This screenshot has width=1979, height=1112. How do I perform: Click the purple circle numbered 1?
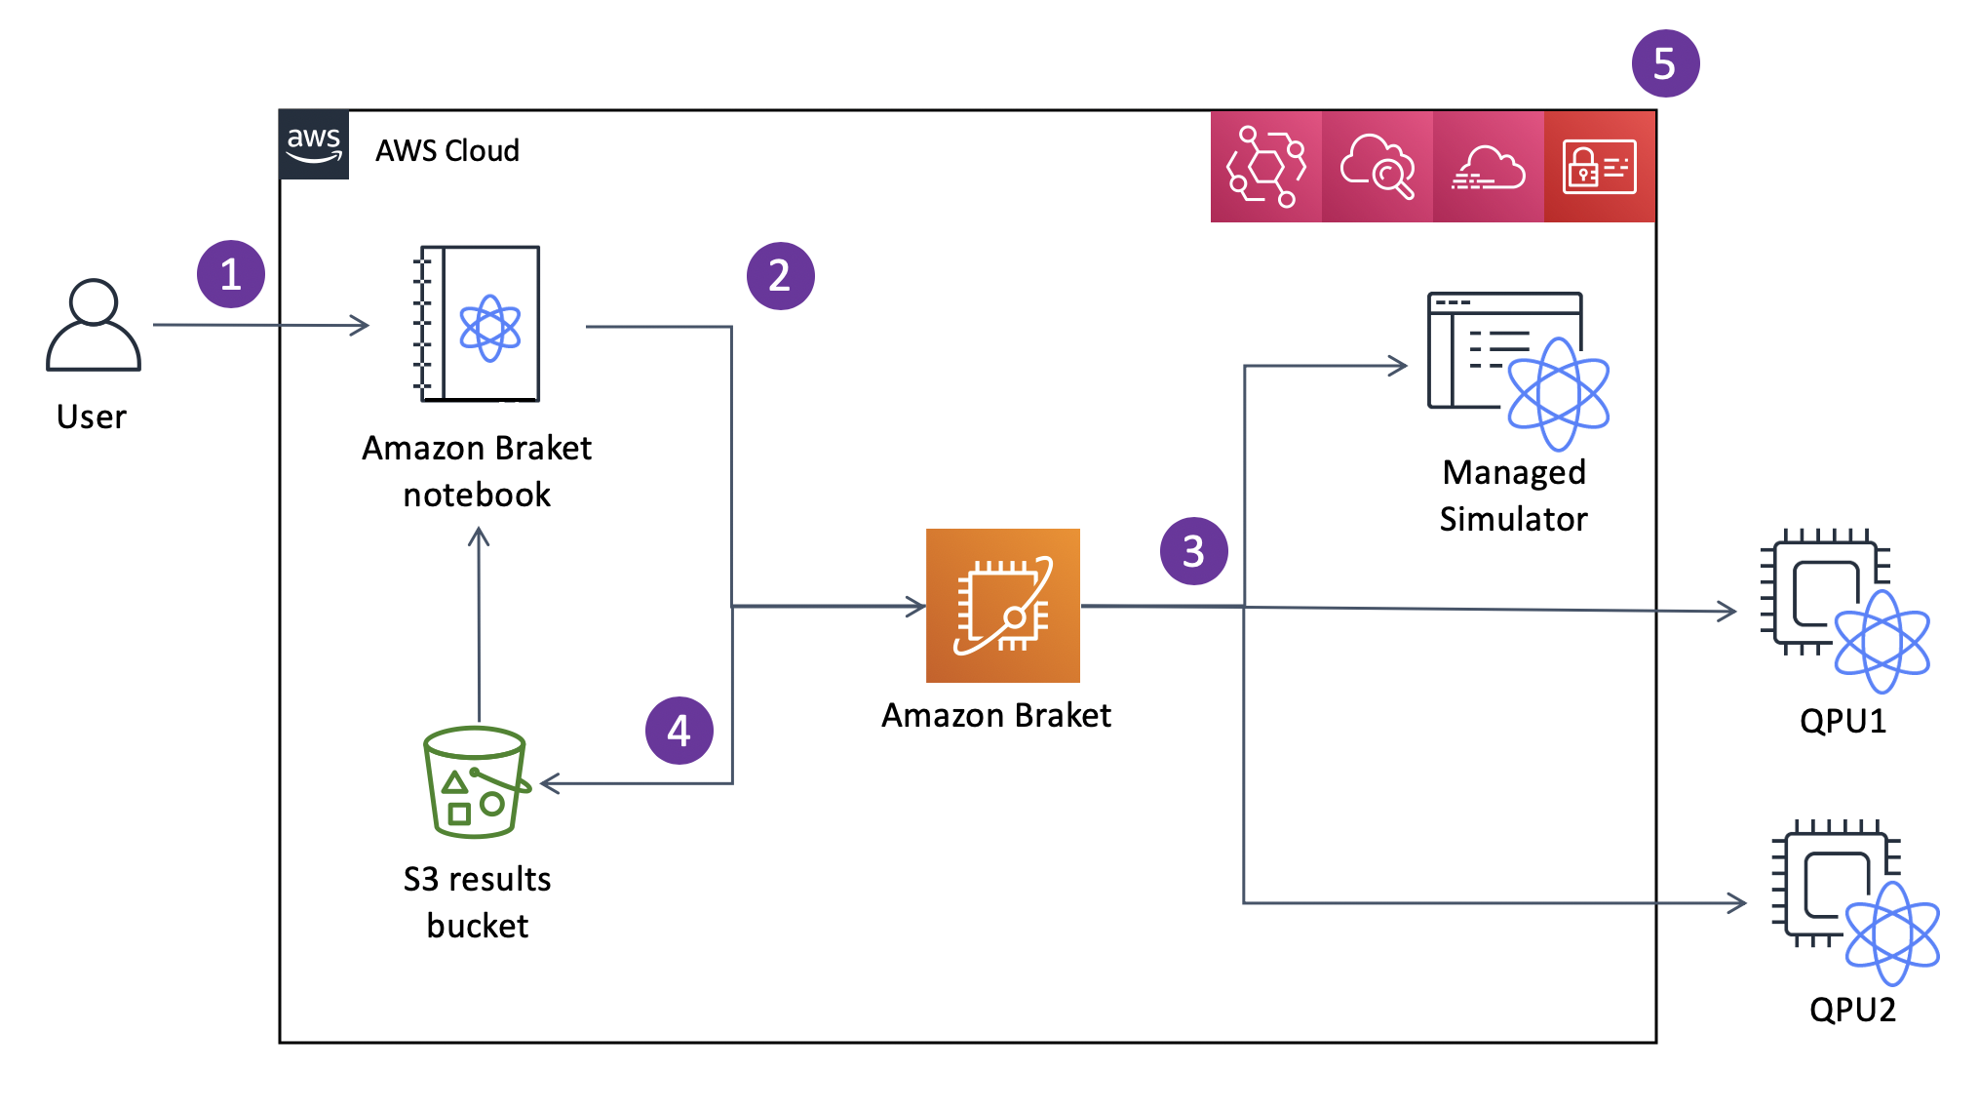coord(231,274)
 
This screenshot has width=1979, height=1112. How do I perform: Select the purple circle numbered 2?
coord(780,276)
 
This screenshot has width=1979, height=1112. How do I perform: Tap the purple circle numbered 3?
coord(1193,551)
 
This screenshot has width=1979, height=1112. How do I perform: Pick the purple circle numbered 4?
coord(679,731)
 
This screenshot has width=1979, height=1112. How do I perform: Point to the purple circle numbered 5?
coord(1665,63)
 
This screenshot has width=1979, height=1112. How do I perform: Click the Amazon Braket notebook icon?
coord(479,324)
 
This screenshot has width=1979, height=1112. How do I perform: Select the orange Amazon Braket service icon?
coord(1002,605)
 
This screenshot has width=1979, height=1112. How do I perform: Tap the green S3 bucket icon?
coord(476,782)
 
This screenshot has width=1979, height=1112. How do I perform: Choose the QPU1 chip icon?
coord(1843,610)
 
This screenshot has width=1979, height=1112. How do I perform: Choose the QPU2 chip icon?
coord(1852,899)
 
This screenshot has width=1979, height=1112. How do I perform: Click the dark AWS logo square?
coord(314,145)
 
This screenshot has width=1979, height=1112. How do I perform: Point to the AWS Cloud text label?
coord(447,151)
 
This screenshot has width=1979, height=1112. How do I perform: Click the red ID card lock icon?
coord(1599,167)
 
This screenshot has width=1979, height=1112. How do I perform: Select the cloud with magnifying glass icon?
coord(1377,167)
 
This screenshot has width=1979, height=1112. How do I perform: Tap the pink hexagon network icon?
coord(1265,167)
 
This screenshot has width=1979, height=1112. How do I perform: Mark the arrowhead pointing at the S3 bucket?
coord(550,783)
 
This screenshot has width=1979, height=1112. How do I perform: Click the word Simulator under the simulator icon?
coord(1513,519)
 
